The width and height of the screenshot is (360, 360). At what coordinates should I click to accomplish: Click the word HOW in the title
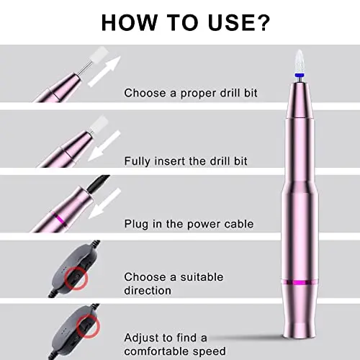click(x=129, y=23)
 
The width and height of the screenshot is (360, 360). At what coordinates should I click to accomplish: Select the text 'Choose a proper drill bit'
click(x=191, y=93)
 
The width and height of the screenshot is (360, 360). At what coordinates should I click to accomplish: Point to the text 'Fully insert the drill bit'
click(x=186, y=161)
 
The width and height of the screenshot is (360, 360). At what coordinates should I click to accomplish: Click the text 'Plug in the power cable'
click(x=189, y=224)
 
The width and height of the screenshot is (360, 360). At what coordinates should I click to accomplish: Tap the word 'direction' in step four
click(x=148, y=291)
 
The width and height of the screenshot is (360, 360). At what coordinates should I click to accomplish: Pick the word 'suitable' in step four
click(x=202, y=277)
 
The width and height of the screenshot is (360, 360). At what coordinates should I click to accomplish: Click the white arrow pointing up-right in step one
click(x=104, y=71)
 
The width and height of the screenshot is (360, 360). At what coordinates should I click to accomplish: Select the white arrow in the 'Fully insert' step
click(x=104, y=145)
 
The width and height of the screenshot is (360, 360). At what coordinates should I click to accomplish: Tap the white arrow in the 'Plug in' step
click(x=104, y=204)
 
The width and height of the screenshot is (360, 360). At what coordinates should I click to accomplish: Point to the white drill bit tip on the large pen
click(x=300, y=61)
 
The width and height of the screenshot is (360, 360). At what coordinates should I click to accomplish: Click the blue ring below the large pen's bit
click(x=299, y=76)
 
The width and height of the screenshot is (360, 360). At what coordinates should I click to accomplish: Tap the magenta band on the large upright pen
click(x=300, y=282)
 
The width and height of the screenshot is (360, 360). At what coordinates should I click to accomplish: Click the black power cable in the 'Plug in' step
click(x=99, y=182)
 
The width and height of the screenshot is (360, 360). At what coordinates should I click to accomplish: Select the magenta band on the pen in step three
click(x=60, y=219)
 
